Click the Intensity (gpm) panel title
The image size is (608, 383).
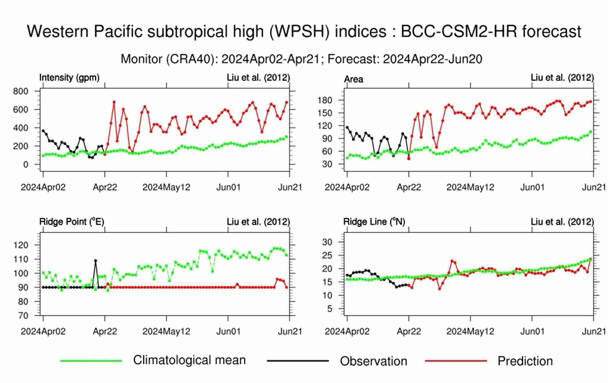[69, 78]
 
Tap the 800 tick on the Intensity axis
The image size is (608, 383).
[21, 91]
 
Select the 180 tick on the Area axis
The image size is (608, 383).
[325, 100]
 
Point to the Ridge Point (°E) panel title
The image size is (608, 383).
[72, 222]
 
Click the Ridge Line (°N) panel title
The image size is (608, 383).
[374, 222]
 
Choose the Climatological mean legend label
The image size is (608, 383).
[189, 360]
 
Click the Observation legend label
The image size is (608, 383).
[373, 361]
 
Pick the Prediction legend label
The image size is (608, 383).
[525, 361]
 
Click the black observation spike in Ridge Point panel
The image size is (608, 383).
[95, 261]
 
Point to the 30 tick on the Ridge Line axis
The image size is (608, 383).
[327, 242]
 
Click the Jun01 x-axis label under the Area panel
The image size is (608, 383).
[532, 187]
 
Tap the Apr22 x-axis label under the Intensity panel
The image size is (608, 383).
[105, 187]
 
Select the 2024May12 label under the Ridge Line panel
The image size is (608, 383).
[470, 331]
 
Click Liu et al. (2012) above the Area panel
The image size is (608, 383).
[562, 78]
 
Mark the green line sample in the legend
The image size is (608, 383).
[91, 361]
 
